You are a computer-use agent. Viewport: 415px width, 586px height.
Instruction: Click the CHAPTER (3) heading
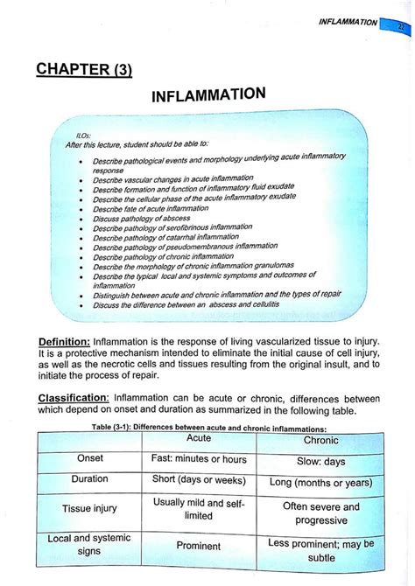pyautogui.click(x=85, y=69)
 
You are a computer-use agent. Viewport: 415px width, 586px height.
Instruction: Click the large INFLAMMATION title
pyautogui.click(x=208, y=94)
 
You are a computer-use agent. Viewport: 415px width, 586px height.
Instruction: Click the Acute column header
pyautogui.click(x=200, y=438)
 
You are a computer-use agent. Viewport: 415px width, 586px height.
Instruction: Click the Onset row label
pyautogui.click(x=90, y=458)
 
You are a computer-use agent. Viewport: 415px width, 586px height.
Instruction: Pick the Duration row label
pyautogui.click(x=90, y=479)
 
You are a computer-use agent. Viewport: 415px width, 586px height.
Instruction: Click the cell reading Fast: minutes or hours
pyautogui.click(x=200, y=459)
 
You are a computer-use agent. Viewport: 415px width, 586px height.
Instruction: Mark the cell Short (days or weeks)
pyautogui.click(x=200, y=480)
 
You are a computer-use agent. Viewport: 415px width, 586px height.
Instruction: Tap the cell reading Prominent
pyautogui.click(x=200, y=546)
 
